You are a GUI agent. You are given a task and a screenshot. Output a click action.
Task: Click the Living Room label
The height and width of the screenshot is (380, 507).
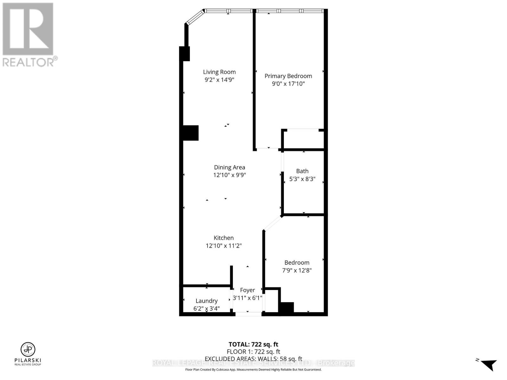(x=219, y=72)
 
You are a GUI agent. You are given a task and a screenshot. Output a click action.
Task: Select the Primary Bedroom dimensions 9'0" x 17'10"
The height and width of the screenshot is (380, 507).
(x=288, y=84)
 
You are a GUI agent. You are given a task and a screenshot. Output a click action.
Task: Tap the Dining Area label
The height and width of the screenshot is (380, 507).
(x=229, y=167)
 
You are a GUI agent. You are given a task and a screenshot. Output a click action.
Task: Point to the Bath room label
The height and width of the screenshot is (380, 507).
(x=302, y=171)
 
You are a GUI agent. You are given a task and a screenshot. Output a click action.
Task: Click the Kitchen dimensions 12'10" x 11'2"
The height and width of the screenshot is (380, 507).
(x=224, y=245)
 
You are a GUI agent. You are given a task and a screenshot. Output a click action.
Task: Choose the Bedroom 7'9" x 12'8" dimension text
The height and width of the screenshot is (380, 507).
(x=297, y=270)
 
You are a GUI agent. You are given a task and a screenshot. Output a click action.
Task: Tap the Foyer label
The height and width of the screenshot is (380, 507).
(x=247, y=290)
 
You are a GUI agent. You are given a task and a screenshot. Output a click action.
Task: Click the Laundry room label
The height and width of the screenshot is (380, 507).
(x=206, y=301)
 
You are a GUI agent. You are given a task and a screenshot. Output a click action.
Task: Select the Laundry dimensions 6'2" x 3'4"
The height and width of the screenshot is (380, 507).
(x=206, y=308)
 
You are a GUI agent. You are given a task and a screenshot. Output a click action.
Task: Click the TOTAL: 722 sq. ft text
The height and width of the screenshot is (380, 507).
(x=253, y=344)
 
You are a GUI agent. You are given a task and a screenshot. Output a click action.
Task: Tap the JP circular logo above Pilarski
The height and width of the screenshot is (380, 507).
(x=28, y=350)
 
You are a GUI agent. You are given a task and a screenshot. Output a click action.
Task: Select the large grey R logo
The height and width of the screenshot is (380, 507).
(x=28, y=29)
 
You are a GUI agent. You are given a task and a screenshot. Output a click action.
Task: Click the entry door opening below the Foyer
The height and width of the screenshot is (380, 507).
(x=248, y=314)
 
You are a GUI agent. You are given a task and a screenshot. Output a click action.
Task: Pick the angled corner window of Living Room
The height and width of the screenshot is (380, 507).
(x=195, y=17)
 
